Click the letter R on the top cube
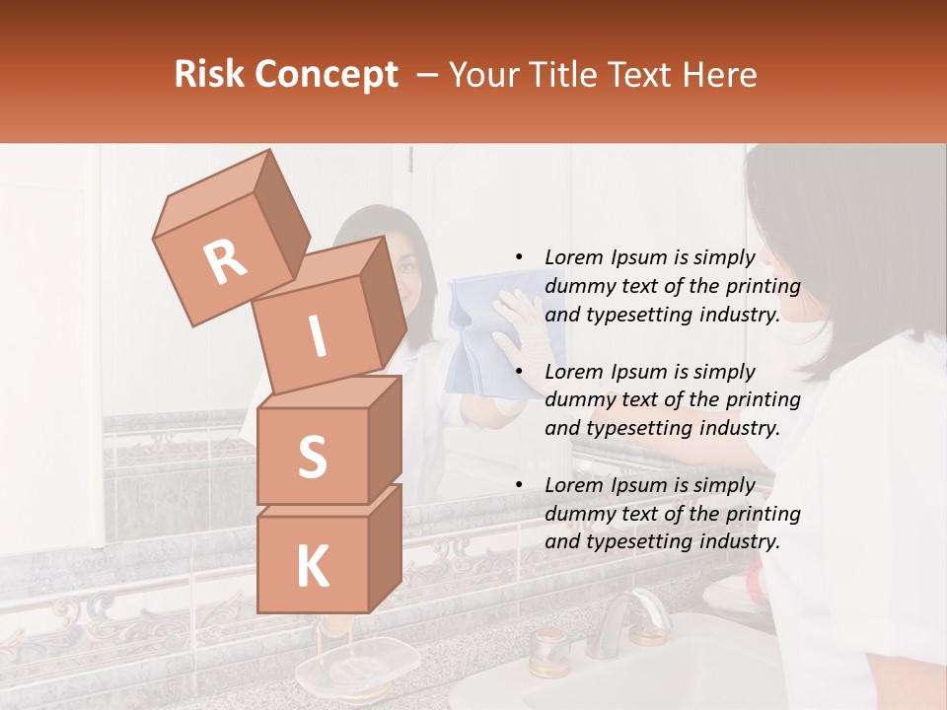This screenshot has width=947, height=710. (x=225, y=261)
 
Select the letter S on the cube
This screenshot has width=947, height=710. (x=312, y=456)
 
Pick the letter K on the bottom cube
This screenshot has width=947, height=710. (x=312, y=567)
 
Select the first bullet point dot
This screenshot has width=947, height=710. (x=519, y=257)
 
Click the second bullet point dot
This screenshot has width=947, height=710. (x=519, y=372)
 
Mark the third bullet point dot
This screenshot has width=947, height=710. (x=519, y=485)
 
